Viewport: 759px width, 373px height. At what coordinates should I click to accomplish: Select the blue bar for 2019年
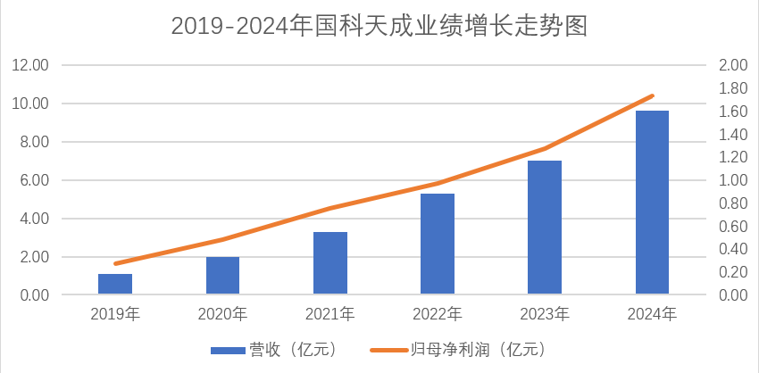[x=115, y=284]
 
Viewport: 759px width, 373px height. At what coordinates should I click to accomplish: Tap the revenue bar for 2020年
[x=222, y=276]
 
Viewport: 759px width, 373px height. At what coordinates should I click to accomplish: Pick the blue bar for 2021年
[x=329, y=263]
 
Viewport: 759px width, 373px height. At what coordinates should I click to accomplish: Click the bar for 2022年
[x=438, y=244]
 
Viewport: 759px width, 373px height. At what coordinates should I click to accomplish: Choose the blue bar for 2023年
[x=545, y=228]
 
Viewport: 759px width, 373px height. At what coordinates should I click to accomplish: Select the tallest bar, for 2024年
[x=652, y=203]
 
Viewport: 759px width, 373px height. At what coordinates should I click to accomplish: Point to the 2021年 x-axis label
[x=329, y=314]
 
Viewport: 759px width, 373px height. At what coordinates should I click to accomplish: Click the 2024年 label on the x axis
[x=652, y=314]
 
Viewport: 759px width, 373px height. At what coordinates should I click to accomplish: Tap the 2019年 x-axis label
[x=115, y=314]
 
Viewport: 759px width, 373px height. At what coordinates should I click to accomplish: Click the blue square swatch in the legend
[x=228, y=350]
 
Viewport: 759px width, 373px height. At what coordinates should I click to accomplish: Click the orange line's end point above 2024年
[x=653, y=95]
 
